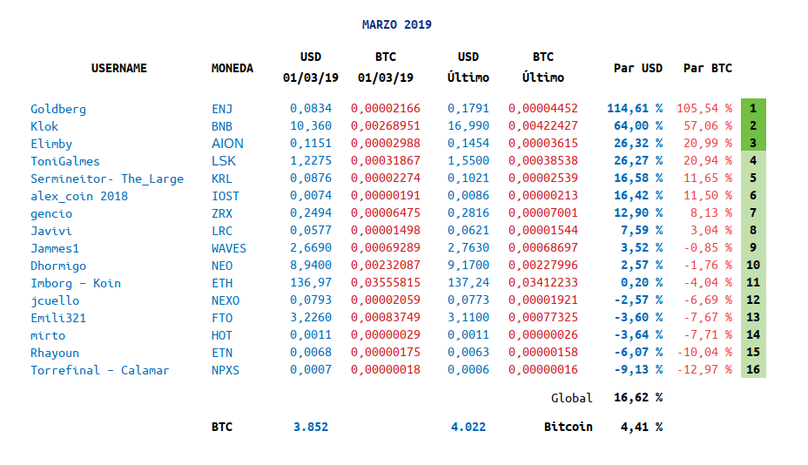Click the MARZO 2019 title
pos(396,24)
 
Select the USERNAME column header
pos(119,68)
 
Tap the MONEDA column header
pos(232,68)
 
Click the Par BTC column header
pos(707,68)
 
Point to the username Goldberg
pos(58,109)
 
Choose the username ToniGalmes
pos(65,161)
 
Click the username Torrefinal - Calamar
pos(100,370)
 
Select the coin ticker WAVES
pos(229,248)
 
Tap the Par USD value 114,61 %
pos(635,109)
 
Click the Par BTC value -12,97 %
pos(704,370)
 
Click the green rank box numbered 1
pos(753,109)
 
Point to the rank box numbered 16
pos(753,370)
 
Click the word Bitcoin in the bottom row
pos(568,427)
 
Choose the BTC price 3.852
pos(311,427)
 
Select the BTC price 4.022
pos(468,427)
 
